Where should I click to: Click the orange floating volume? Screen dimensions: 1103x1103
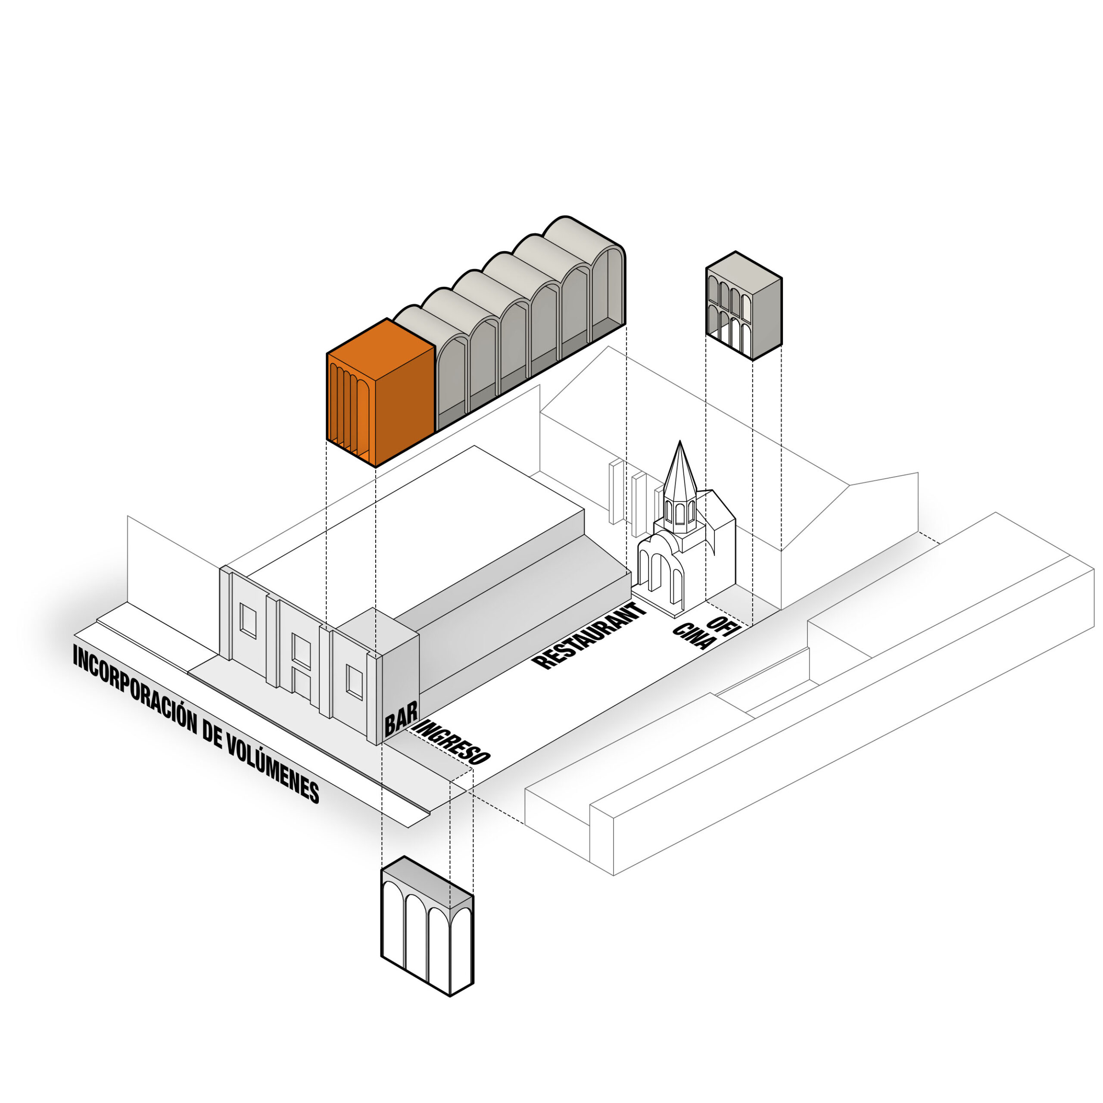[380, 394]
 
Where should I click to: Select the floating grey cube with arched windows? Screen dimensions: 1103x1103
[743, 305]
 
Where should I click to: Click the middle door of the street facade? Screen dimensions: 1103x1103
[301, 662]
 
